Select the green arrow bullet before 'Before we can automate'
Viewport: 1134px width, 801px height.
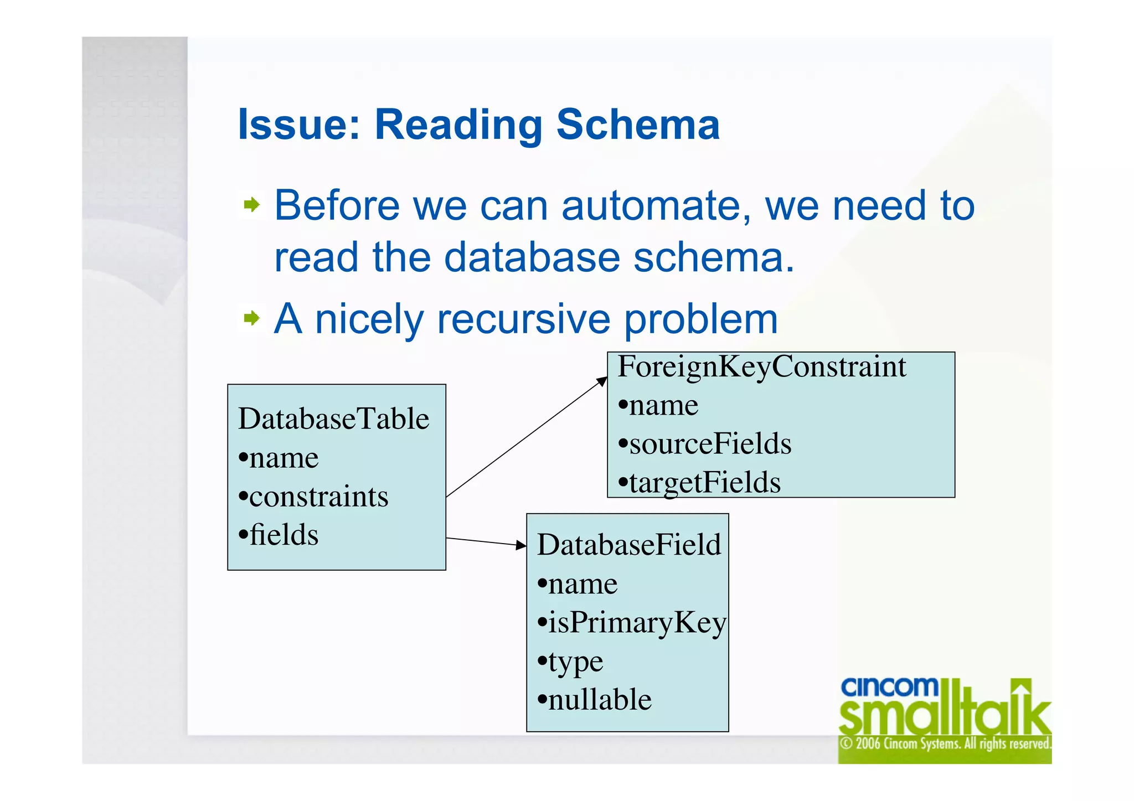pos(252,205)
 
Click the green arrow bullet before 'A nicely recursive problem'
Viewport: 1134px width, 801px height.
pos(252,318)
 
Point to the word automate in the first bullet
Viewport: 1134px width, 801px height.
pos(656,206)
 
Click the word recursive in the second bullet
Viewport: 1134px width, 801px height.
pos(524,319)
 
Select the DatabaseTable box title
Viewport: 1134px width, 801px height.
pos(334,418)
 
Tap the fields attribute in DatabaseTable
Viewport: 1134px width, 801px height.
pos(283,535)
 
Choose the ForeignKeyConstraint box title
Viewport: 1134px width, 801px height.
pos(762,367)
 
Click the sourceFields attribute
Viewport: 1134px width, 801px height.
pos(710,444)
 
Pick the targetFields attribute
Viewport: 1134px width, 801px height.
pos(704,483)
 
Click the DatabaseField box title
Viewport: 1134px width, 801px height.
pos(629,545)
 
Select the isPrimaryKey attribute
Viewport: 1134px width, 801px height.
pos(637,623)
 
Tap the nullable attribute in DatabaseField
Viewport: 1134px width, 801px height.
pos(600,700)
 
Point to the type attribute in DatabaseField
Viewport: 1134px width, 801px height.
pos(575,662)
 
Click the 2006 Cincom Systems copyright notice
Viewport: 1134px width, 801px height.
pos(945,743)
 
